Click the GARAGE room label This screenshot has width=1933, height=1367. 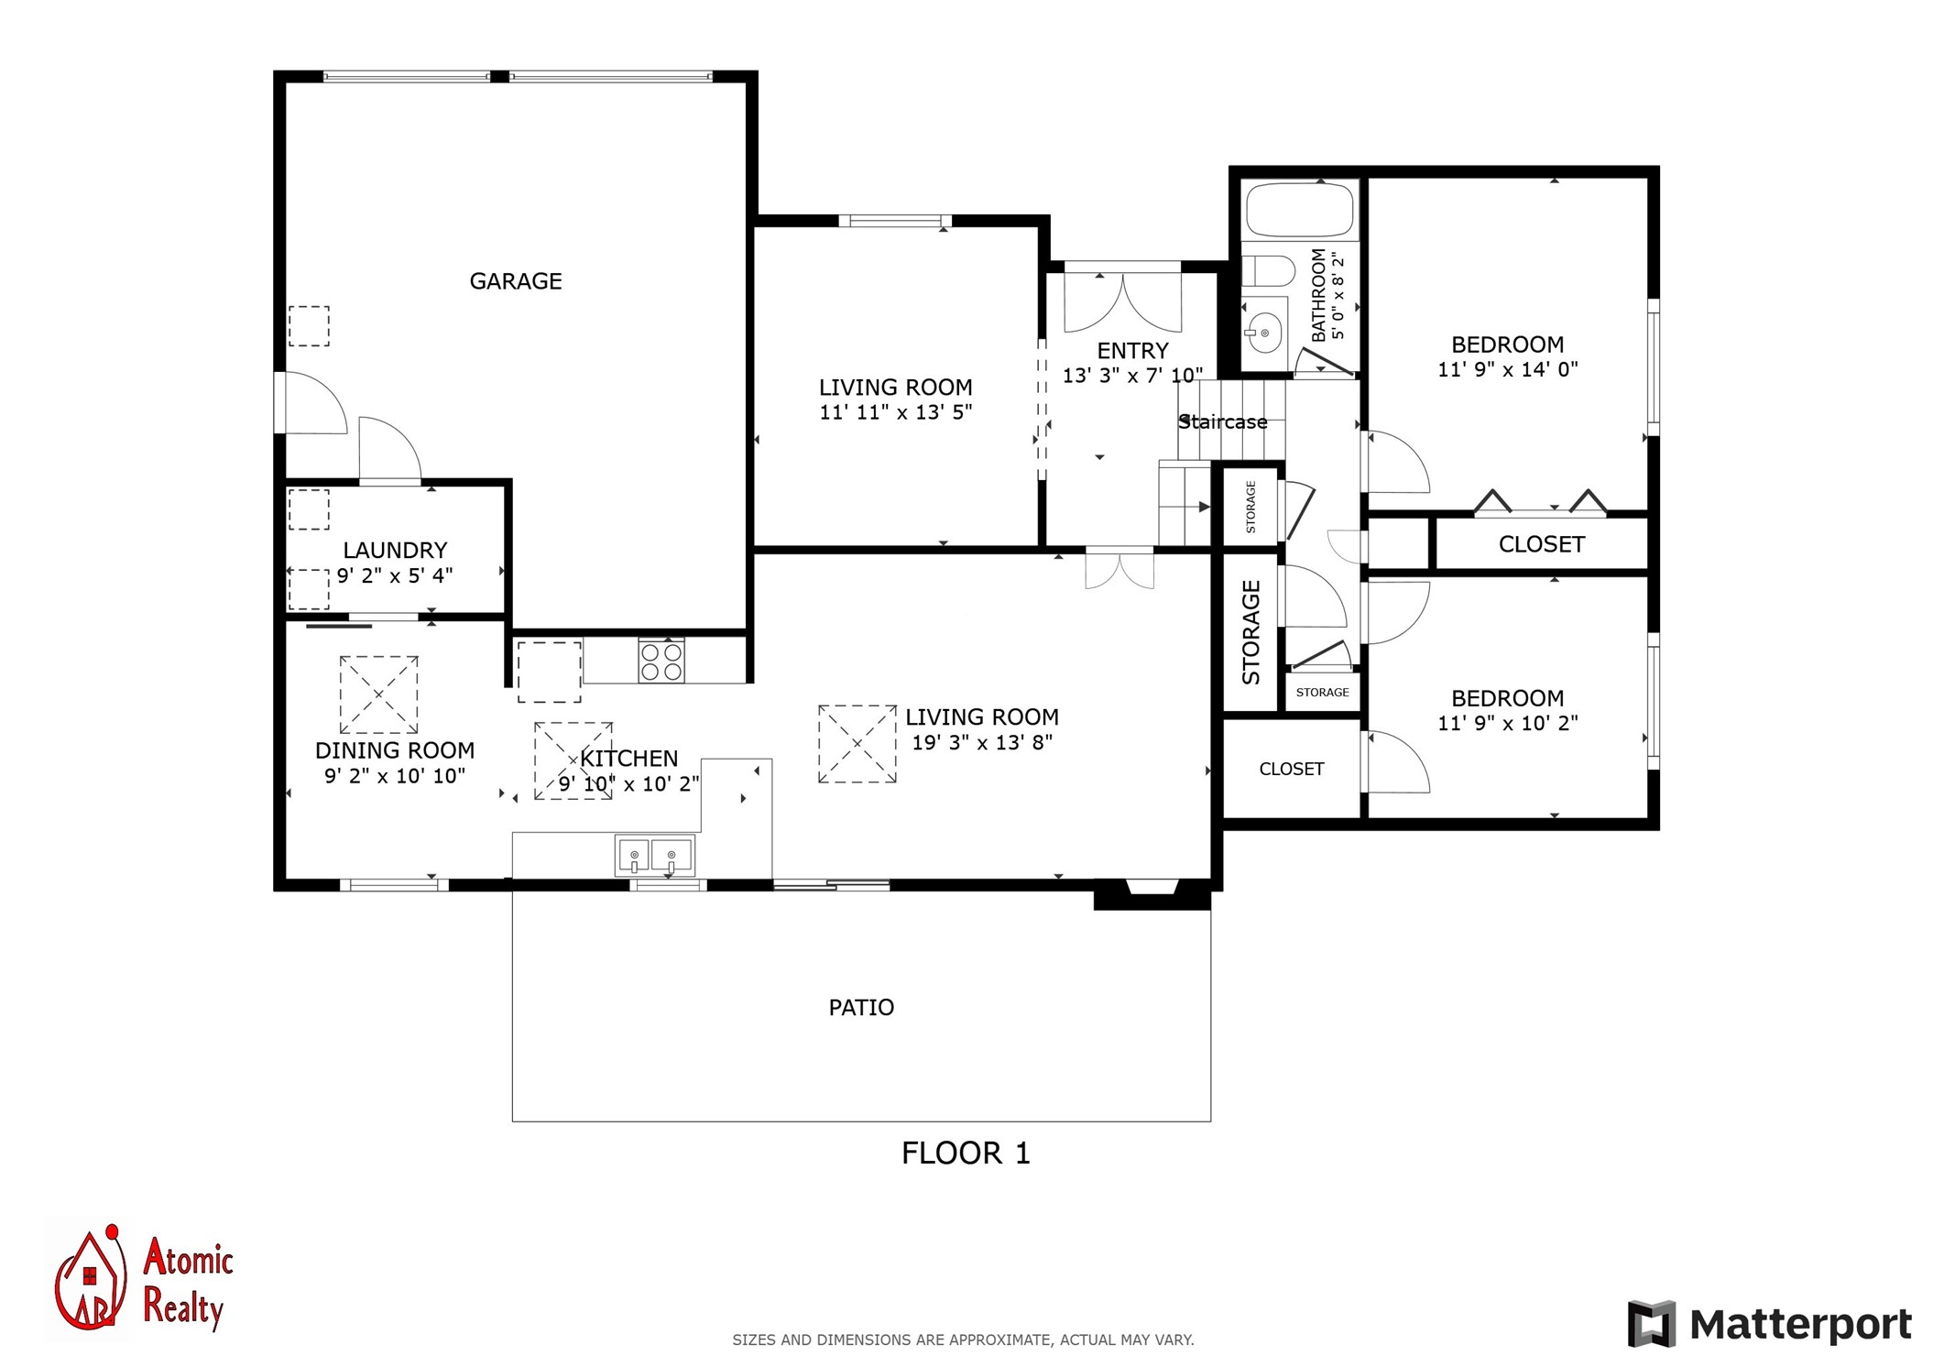[x=516, y=281]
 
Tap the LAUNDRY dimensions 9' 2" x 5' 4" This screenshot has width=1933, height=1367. [x=395, y=575]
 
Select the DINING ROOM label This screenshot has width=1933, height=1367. [x=395, y=750]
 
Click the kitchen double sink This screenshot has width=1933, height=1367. [x=653, y=856]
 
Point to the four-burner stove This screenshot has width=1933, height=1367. [x=661, y=661]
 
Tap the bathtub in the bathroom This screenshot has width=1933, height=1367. [x=1298, y=210]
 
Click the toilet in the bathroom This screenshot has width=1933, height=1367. [x=1268, y=271]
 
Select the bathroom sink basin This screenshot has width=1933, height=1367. [x=1264, y=332]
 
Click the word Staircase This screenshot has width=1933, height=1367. [x=1223, y=422]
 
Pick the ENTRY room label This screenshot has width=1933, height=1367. [x=1132, y=351]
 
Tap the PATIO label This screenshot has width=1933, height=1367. [x=861, y=1008]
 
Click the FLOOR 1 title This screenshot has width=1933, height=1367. [x=966, y=1153]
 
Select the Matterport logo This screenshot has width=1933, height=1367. [x=1769, y=1325]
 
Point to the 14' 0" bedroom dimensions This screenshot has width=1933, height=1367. [x=1508, y=369]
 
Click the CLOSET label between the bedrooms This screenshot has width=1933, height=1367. [x=1541, y=544]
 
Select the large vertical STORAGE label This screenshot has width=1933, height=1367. [x=1250, y=632]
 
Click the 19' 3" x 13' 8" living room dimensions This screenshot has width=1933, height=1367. [x=982, y=742]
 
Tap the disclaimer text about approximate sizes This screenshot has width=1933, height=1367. [x=963, y=1340]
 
